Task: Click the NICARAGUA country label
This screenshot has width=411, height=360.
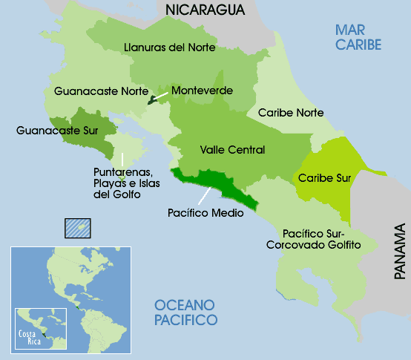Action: click(x=205, y=10)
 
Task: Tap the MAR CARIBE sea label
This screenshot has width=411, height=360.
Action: click(x=358, y=37)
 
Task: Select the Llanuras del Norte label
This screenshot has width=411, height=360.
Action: click(x=169, y=48)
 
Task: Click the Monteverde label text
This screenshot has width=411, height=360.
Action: click(x=202, y=91)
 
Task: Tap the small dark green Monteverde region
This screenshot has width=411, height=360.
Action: click(x=154, y=99)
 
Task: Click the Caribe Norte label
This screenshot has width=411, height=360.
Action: click(x=290, y=113)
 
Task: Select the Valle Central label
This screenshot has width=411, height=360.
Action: click(x=232, y=150)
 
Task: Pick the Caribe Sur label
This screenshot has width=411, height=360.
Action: click(x=324, y=177)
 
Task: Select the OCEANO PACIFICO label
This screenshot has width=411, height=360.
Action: click(x=185, y=312)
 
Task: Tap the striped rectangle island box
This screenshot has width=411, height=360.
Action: click(x=77, y=226)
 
